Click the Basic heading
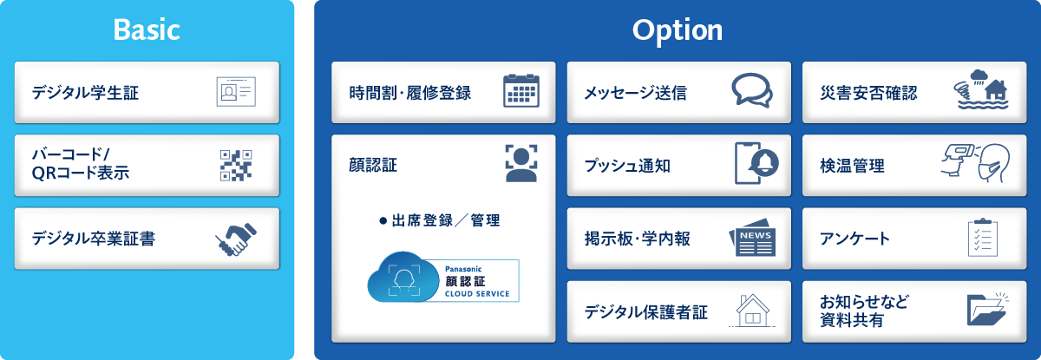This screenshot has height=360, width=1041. coord(147,30)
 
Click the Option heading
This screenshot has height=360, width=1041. coord(677,30)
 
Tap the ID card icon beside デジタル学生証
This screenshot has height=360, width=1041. coord(235,91)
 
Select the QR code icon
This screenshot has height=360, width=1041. coord(235,165)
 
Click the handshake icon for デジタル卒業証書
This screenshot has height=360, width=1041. coord(235,239)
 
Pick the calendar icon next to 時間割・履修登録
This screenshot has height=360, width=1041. coord(521,91)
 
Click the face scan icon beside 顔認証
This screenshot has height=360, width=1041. coord(521,163)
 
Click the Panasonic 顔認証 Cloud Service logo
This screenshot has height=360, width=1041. coord(443,280)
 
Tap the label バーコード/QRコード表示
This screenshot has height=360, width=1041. coord(80,164)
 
